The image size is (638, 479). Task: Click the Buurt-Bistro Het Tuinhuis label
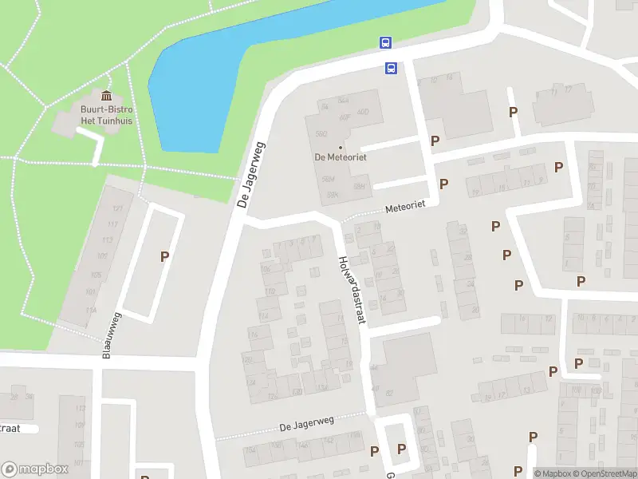click(105, 115)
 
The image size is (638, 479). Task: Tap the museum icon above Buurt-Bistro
click(106, 97)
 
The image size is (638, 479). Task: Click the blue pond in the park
click(239, 72)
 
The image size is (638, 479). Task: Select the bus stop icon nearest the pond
click(385, 43)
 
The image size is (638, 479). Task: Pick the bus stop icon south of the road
click(391, 69)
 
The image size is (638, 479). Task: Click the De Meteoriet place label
click(340, 157)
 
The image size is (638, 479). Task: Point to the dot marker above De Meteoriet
click(341, 147)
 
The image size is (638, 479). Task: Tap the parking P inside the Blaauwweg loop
click(164, 256)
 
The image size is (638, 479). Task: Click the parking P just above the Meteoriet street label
click(443, 184)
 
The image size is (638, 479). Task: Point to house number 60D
click(363, 112)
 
